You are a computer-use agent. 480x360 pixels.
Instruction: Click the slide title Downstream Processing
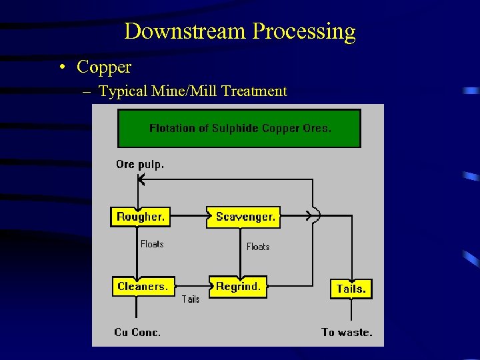pyautogui.click(x=239, y=31)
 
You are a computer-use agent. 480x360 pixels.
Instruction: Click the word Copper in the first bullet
pyautogui.click(x=104, y=67)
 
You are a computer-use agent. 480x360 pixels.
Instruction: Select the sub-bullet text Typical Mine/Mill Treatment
pyautogui.click(x=193, y=91)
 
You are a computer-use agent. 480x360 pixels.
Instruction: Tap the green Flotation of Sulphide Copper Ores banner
pyautogui.click(x=239, y=128)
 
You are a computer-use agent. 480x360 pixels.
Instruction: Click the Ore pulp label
pyautogui.click(x=139, y=164)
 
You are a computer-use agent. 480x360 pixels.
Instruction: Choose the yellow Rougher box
pyautogui.click(x=140, y=217)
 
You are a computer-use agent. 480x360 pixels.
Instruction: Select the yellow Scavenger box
pyautogui.click(x=245, y=217)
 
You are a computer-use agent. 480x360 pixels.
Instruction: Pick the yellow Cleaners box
pyautogui.click(x=143, y=287)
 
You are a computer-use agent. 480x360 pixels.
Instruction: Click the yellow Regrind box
pyautogui.click(x=238, y=287)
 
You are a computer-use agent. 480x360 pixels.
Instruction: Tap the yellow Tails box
pyautogui.click(x=351, y=289)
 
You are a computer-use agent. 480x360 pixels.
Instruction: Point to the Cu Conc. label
pyautogui.click(x=137, y=332)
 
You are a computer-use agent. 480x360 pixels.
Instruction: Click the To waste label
pyautogui.click(x=347, y=332)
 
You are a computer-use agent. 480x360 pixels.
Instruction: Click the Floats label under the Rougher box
pyautogui.click(x=152, y=244)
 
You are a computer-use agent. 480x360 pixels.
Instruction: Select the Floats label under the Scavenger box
pyautogui.click(x=258, y=247)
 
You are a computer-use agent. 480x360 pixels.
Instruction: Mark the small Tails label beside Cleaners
pyautogui.click(x=191, y=299)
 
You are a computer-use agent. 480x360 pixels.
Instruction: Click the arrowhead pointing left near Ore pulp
pyautogui.click(x=141, y=179)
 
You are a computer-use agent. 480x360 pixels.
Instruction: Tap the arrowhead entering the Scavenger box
pyautogui.click(x=204, y=217)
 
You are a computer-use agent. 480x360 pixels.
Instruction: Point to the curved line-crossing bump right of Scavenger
pyautogui.click(x=316, y=216)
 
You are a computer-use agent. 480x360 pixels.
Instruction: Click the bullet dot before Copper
pyautogui.click(x=62, y=67)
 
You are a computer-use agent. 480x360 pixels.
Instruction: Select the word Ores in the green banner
pyautogui.click(x=317, y=128)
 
